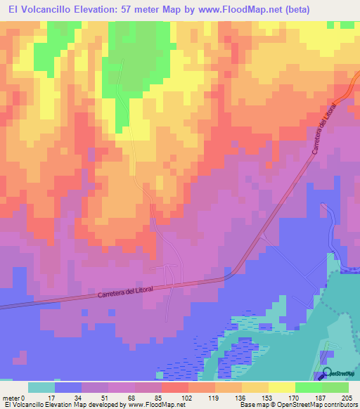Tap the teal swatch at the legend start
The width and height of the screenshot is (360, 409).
click(x=41, y=387)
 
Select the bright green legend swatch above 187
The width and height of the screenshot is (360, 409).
click(x=309, y=387)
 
